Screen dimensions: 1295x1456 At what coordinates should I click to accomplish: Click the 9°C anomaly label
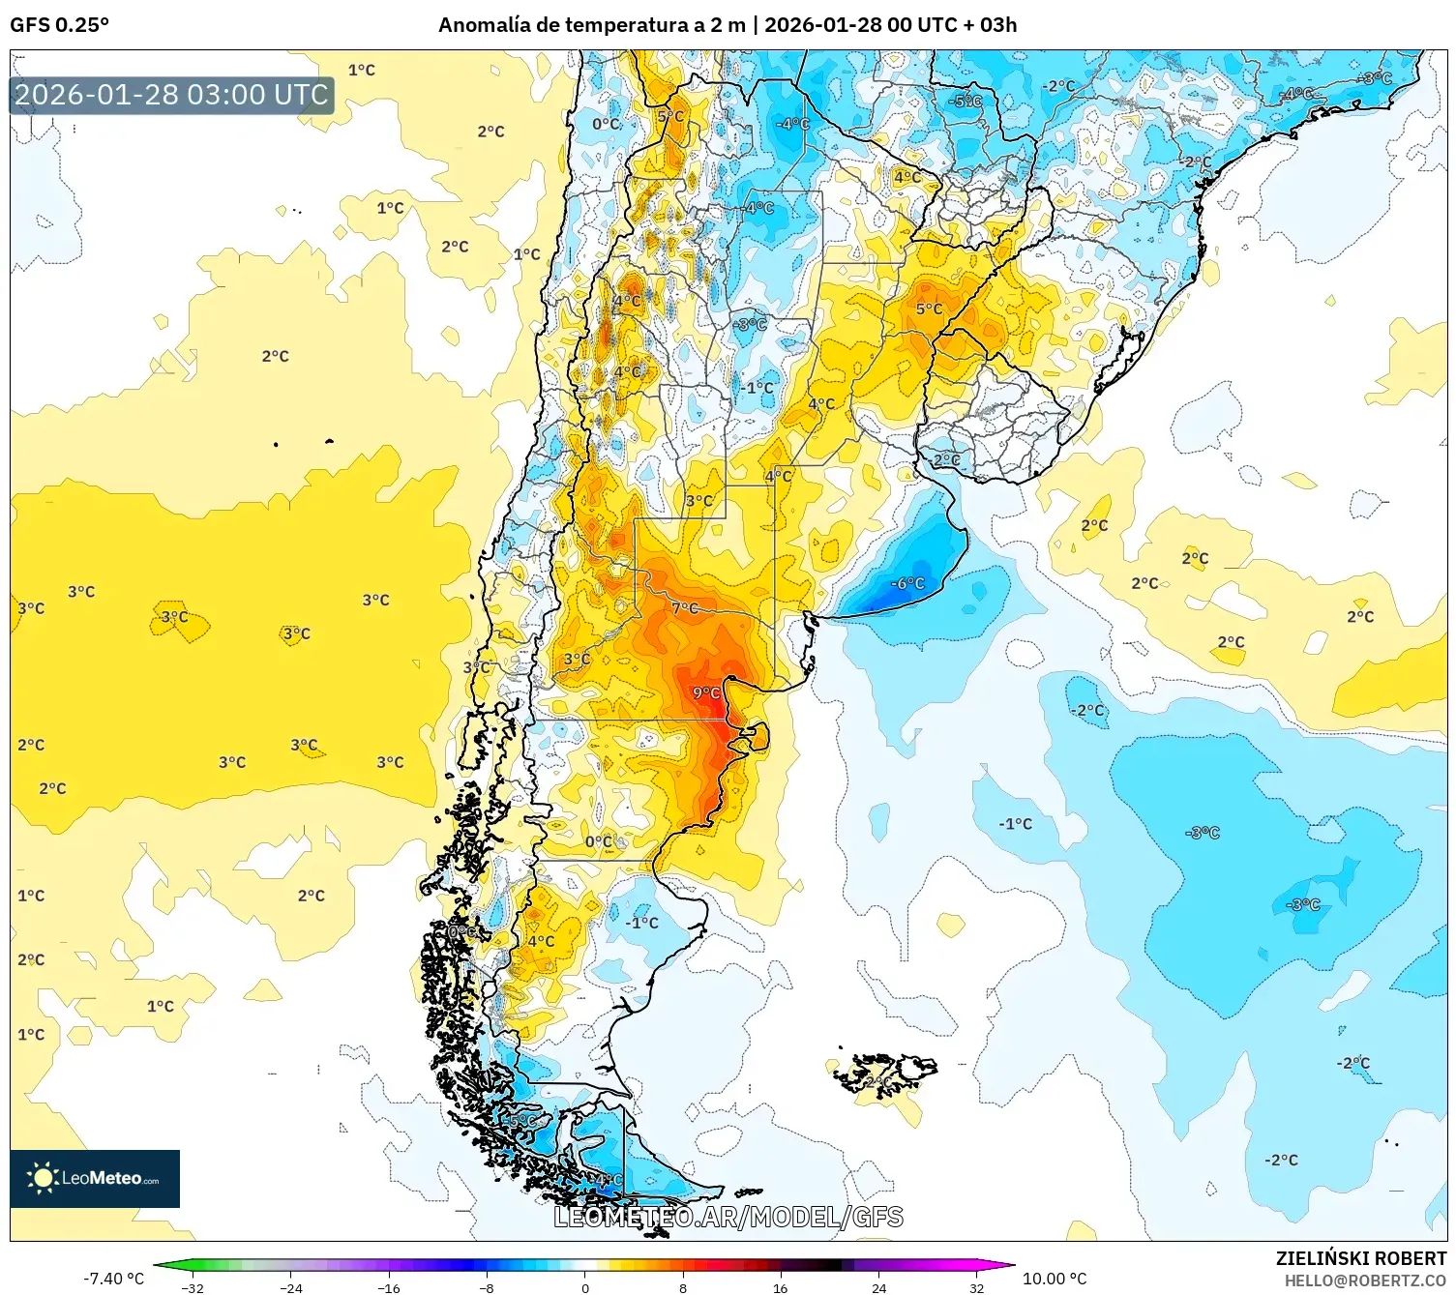[706, 692]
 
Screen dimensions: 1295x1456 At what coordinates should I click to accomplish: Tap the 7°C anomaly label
[685, 607]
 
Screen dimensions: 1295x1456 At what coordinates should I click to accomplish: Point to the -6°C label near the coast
[907, 583]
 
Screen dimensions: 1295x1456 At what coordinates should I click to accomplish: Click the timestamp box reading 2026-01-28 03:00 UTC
[171, 95]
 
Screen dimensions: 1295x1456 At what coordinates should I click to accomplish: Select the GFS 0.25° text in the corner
[59, 25]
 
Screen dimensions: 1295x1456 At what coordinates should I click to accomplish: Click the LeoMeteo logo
[95, 1178]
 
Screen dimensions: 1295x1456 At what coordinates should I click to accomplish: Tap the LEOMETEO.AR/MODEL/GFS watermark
[728, 1217]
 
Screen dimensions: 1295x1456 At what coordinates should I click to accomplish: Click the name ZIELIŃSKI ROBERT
[1360, 1258]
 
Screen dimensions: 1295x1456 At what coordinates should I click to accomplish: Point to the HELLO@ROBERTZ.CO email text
[1365, 1280]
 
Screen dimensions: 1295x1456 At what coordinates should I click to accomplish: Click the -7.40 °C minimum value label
[113, 1279]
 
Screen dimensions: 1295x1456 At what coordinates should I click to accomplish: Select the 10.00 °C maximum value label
[1055, 1279]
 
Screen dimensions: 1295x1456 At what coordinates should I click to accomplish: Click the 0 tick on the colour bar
[584, 1287]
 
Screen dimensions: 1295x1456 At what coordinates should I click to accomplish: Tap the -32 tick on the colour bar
[193, 1287]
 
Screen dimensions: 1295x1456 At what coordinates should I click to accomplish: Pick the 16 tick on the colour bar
[780, 1287]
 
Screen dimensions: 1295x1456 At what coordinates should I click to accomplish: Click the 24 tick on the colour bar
[878, 1287]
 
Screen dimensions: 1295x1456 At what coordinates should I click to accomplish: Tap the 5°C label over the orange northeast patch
[929, 309]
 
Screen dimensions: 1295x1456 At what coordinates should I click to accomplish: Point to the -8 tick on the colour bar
[487, 1287]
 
